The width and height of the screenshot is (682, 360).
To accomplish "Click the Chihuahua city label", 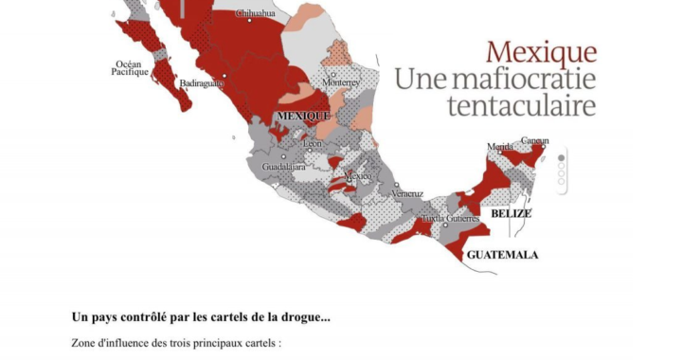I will (x=255, y=14).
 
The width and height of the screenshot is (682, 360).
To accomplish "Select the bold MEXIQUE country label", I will (x=303, y=116).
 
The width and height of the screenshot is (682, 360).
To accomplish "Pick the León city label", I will (x=313, y=144).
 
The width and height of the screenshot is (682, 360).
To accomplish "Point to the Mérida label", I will (x=500, y=147).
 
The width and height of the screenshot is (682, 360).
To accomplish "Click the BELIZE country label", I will (x=511, y=214).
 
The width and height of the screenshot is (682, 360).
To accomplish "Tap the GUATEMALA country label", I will (x=503, y=255).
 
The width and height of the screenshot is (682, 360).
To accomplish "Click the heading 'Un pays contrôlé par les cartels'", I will (x=201, y=316).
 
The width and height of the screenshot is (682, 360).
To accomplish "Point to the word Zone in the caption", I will (x=86, y=343).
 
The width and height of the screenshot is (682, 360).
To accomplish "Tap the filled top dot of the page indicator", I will (x=562, y=158).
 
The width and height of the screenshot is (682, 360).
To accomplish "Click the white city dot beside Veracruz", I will (x=396, y=185).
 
